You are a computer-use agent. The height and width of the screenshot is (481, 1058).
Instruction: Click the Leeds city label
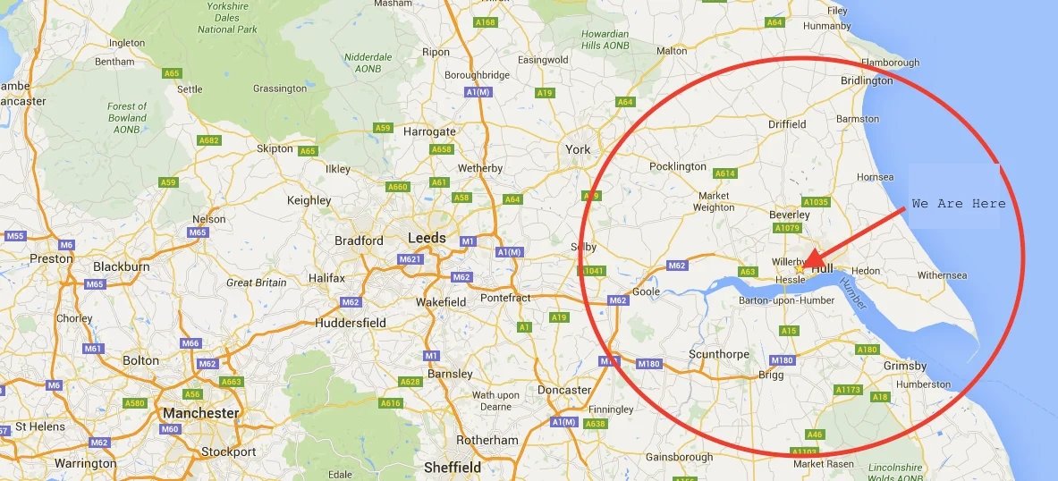click(x=427, y=238)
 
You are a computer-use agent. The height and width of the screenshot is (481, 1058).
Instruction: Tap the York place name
click(x=578, y=149)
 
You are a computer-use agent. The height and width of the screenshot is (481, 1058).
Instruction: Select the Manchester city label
click(x=200, y=413)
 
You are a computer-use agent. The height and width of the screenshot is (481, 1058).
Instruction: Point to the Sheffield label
click(x=452, y=467)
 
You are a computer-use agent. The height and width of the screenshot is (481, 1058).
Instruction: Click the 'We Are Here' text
click(x=959, y=204)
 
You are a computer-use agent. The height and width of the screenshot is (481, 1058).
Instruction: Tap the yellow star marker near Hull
click(x=800, y=267)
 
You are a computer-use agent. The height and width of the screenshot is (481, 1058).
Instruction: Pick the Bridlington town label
click(x=867, y=80)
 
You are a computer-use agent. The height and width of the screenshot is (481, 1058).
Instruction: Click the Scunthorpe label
click(x=718, y=354)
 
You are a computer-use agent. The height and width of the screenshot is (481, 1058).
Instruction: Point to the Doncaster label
click(x=564, y=390)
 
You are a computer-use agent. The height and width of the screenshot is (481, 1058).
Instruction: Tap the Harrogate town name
click(x=429, y=131)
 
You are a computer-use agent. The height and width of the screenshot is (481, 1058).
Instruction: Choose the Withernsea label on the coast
click(x=942, y=275)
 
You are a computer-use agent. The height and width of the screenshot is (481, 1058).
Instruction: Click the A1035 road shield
click(x=816, y=202)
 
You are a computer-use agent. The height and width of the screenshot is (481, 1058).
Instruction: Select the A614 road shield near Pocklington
click(x=724, y=173)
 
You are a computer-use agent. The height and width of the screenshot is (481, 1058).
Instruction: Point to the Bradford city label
click(x=359, y=240)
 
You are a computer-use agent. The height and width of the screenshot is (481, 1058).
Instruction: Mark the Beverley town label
click(x=789, y=215)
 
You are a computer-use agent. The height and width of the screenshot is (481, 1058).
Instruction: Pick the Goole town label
click(x=646, y=291)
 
